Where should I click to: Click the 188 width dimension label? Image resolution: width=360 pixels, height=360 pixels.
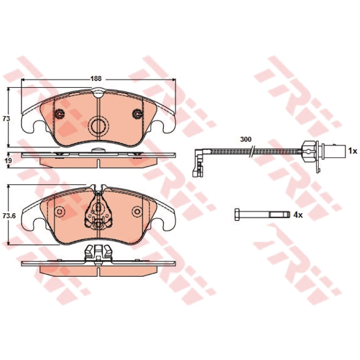[x=96, y=78]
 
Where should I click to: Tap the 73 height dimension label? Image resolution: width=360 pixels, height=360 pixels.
[x=6, y=119]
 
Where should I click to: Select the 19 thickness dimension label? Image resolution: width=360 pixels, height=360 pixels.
[x=8, y=160]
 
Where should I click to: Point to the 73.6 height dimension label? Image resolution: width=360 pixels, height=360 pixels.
[x=9, y=216]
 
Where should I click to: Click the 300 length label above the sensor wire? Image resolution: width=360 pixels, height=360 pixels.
[x=246, y=139]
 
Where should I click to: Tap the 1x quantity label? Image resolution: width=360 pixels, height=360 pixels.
[x=353, y=151]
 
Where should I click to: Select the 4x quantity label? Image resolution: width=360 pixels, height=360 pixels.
[x=298, y=215]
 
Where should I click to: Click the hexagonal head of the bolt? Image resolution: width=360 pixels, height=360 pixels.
[x=237, y=215]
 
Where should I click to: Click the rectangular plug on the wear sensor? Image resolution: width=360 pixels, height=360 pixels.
[x=334, y=151]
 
